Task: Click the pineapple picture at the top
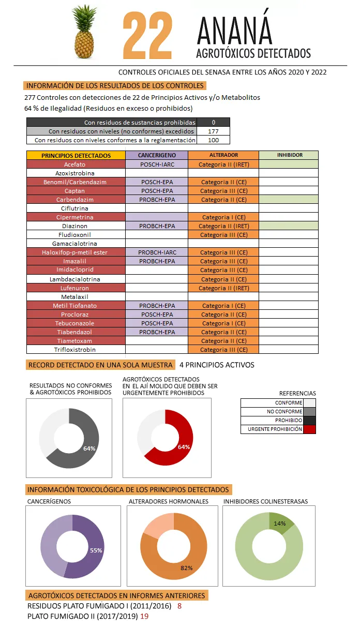coord(86,34)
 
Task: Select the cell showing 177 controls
coord(213,131)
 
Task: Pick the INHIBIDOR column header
coord(288,155)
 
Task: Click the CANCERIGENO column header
coord(157,155)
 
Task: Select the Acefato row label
coord(76,164)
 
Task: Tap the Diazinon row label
coord(76,226)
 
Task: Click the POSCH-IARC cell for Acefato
coord(157,164)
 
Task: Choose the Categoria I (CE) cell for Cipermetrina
coord(223,217)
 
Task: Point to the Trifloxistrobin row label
coord(76,350)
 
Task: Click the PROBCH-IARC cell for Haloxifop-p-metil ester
coord(157,252)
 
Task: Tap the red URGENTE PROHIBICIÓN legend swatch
coord(309,429)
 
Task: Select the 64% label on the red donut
coord(184,447)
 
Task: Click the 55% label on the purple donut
coord(96,550)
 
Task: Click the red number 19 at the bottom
coord(144,616)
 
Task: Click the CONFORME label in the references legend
coord(288,403)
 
